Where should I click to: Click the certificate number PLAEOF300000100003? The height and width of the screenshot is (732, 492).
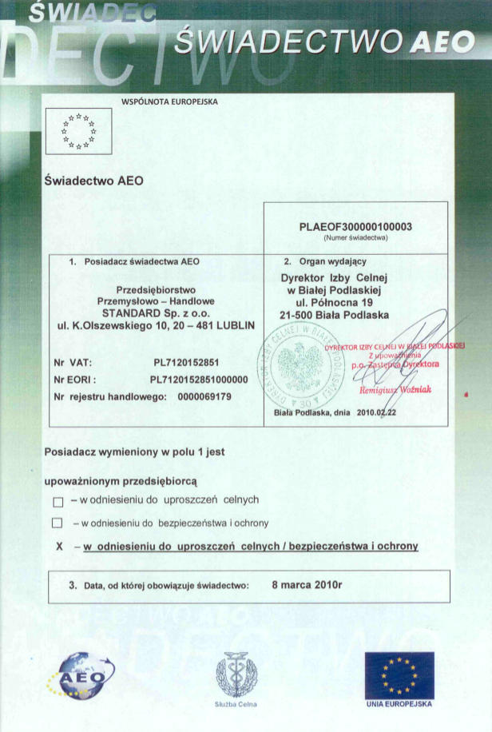click(x=355, y=227)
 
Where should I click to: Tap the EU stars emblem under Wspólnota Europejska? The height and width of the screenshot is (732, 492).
click(x=78, y=131)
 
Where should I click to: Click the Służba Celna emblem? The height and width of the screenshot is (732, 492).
click(x=236, y=673)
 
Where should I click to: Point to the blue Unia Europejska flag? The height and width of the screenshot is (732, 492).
click(x=399, y=674)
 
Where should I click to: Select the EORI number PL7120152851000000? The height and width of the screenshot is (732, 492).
click(x=199, y=380)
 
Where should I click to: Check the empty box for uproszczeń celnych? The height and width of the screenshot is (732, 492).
click(x=58, y=502)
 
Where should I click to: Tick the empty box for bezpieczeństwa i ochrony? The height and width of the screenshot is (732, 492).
click(x=57, y=523)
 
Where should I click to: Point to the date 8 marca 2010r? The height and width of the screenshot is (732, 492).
click(x=307, y=585)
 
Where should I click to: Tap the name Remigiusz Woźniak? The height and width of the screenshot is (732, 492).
click(x=395, y=389)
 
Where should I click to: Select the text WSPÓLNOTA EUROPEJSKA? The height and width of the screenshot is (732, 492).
click(x=169, y=102)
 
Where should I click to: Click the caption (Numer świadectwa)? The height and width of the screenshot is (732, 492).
click(x=355, y=238)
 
